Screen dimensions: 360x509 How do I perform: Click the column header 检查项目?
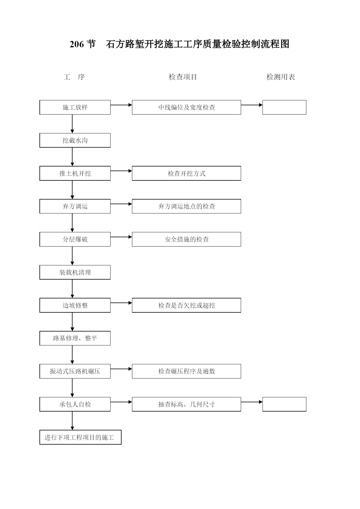pos(183,77)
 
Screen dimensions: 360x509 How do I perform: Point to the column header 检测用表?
pos(281,77)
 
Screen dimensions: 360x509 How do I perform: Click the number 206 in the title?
pos(77,44)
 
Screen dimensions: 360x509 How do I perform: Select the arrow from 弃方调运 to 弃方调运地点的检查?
pos(121,204)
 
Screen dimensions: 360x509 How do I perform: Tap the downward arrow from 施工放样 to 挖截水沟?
pos(72,124)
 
